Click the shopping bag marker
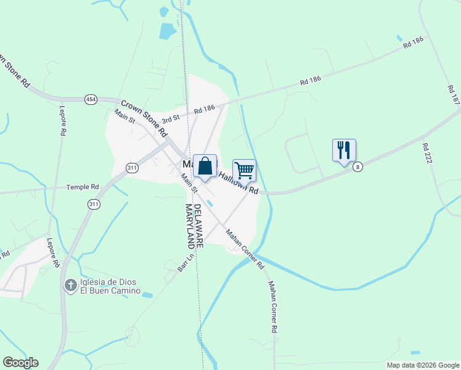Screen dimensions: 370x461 click(205, 166)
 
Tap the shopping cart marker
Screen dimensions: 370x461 click(244, 170)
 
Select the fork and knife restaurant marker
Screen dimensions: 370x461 click(344, 150)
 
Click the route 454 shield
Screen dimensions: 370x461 click(91, 99)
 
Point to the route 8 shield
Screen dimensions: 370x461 click(357, 166)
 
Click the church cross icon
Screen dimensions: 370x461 click(71, 286)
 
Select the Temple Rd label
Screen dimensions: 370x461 click(83, 187)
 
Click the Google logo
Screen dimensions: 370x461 click(20, 363)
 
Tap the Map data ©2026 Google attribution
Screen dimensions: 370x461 click(422, 365)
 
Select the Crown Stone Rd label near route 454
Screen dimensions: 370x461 click(144, 118)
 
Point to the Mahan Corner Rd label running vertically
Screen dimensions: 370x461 click(272, 308)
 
